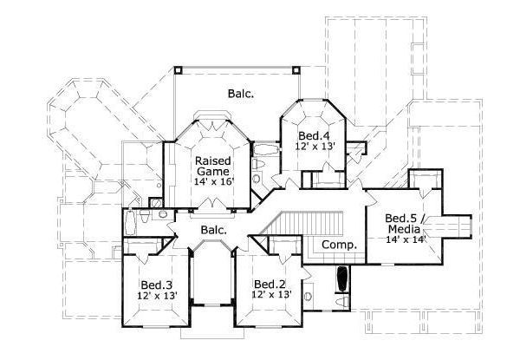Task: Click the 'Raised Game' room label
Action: tap(211, 167)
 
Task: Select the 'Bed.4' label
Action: tap(313, 135)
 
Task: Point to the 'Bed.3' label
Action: tap(158, 284)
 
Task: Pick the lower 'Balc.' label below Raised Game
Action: tap(214, 230)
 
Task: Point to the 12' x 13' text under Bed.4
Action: tap(313, 147)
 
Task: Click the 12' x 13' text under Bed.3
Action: tap(158, 296)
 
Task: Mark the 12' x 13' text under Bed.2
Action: tap(271, 296)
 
